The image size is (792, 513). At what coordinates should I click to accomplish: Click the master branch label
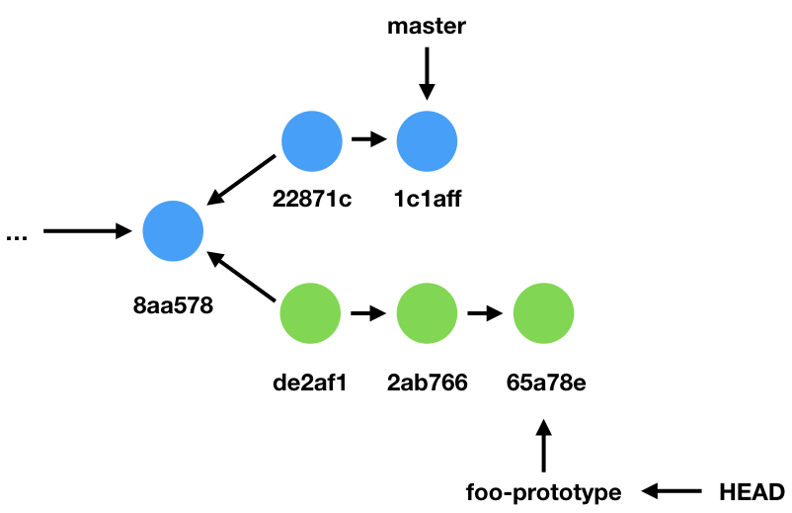426,27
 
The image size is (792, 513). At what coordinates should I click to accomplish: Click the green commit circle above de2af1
311,314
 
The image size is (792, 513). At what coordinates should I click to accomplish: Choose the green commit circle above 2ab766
427,314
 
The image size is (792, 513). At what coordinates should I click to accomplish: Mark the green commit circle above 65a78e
543,314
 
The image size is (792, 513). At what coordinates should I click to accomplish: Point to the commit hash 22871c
311,200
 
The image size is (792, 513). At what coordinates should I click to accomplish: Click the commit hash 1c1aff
427,200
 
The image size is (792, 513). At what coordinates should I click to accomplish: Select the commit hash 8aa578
174,307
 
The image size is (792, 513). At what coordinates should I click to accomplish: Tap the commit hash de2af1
311,382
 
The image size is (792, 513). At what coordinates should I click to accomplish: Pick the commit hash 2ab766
427,382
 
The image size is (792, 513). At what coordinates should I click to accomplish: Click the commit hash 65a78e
543,382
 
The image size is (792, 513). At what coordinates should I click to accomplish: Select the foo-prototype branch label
543,491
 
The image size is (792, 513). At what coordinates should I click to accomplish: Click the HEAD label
752,491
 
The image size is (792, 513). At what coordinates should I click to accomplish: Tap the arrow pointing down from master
427,73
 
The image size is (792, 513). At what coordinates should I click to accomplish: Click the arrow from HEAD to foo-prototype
673,490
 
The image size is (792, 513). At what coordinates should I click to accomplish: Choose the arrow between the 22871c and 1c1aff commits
368,140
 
